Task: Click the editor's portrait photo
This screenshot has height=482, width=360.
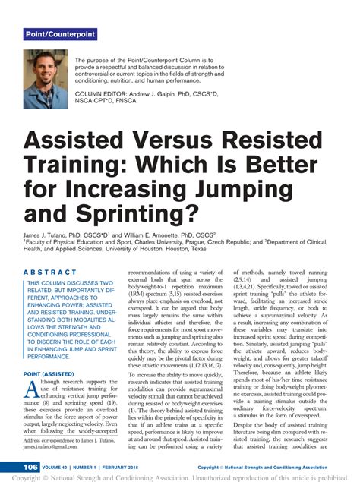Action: (46, 79)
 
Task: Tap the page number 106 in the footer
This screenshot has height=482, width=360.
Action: (31, 467)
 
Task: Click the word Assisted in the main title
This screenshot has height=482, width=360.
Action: (75, 140)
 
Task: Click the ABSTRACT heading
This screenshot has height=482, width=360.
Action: (50, 272)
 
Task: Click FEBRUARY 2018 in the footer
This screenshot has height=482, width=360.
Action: (135, 467)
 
